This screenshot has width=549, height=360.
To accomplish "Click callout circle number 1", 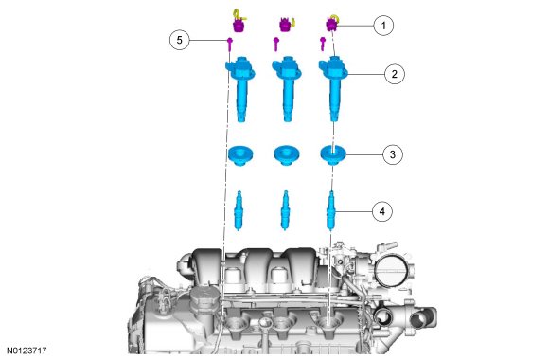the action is (x=383, y=26).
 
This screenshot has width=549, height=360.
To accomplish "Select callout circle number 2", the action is (x=395, y=74).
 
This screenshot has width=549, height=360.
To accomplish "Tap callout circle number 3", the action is (x=393, y=154).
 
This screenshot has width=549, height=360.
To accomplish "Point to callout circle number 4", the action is (x=382, y=211).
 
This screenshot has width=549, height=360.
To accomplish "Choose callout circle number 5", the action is (x=179, y=40).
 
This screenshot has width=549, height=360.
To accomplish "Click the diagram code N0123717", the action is (x=27, y=351).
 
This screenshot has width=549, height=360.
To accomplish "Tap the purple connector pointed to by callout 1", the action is (x=331, y=24).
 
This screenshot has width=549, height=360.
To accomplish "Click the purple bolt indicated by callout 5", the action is (x=230, y=45).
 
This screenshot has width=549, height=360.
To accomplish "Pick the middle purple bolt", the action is (x=275, y=45).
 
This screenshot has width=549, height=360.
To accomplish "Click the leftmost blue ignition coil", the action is (x=239, y=88).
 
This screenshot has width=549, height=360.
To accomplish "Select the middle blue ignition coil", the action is (x=287, y=88).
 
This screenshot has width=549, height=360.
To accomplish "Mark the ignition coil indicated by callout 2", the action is (x=333, y=88).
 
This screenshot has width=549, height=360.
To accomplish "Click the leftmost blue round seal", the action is (x=240, y=155).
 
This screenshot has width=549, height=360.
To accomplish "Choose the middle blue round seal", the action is (x=287, y=155).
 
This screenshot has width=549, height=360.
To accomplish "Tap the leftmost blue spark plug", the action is (x=239, y=210).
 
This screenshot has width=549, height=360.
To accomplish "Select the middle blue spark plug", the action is (x=286, y=210).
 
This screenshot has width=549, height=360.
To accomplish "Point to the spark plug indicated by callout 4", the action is (x=331, y=210).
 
